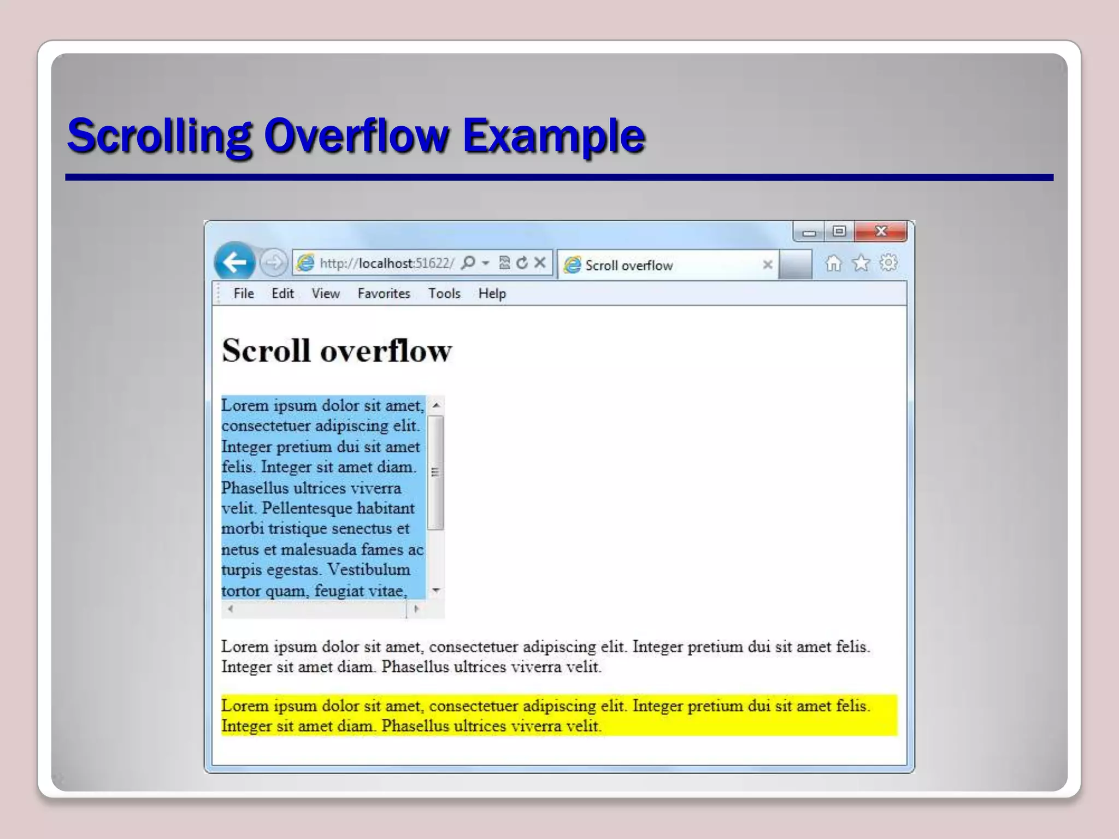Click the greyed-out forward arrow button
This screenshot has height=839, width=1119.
coord(273,263)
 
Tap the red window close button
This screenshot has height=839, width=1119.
coord(881,231)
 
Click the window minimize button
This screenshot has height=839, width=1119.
coord(809,232)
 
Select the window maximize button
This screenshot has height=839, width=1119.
coord(839,231)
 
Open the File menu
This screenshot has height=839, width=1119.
coord(244,294)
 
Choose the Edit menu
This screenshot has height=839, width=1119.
coord(282,294)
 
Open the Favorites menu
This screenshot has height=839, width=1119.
coord(384,294)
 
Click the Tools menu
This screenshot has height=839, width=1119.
coord(444,294)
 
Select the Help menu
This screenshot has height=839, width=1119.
coord(492,294)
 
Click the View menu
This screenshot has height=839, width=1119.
coord(326,294)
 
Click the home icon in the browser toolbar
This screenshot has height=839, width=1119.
coord(833,263)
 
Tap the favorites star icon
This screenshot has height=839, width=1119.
coord(861,263)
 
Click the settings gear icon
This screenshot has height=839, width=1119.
coord(888,263)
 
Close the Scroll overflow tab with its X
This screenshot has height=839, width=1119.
coord(768,265)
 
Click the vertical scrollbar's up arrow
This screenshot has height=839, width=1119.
coord(436,405)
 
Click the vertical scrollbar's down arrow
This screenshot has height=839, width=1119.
coord(436,590)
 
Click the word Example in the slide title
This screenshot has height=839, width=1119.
coord(553,135)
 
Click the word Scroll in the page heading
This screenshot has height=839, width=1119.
coord(266,351)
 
